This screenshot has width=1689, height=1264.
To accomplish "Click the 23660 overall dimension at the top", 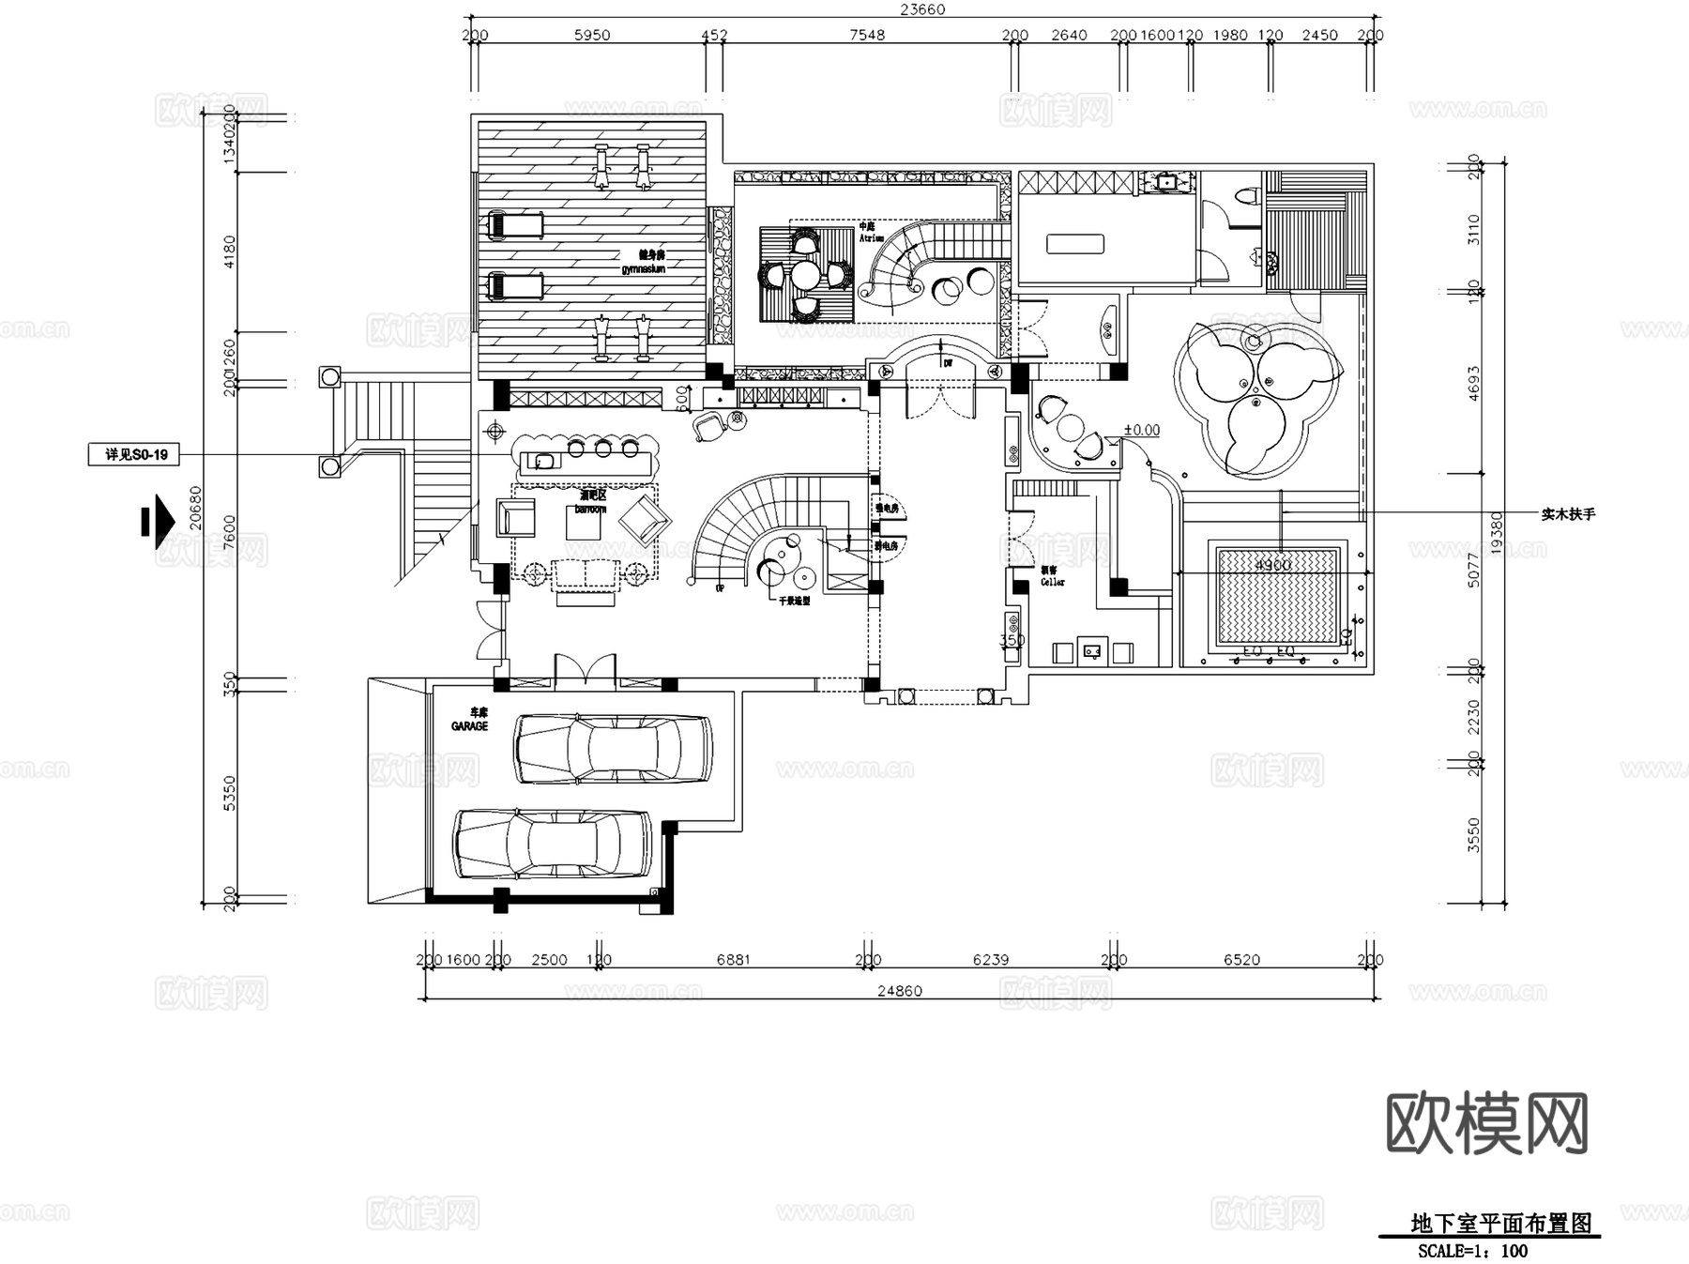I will [x=922, y=9].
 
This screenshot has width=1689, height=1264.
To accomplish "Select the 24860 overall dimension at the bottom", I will [x=899, y=991].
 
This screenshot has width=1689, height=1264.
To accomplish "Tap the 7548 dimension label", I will [x=866, y=35].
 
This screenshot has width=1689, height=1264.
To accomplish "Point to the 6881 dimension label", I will [x=733, y=959].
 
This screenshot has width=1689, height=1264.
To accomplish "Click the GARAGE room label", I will [x=469, y=725].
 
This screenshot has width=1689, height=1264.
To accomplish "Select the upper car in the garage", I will [x=613, y=748].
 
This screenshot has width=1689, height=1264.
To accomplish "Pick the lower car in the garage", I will [x=553, y=845].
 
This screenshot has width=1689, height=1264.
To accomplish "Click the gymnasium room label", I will [x=643, y=268].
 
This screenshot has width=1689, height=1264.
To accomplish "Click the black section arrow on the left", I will [x=158, y=521].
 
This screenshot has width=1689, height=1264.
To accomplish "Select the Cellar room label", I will [x=1052, y=582].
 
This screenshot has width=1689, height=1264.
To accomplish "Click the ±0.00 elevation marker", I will [x=1141, y=430].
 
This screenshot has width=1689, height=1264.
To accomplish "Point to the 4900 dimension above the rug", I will [x=1272, y=565].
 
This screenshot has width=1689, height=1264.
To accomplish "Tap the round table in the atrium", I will [x=805, y=275].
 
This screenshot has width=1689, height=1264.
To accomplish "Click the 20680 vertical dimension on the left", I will [x=195, y=508].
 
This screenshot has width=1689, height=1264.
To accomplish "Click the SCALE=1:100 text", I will [x=1472, y=1251].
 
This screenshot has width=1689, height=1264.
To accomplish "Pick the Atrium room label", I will [x=870, y=238].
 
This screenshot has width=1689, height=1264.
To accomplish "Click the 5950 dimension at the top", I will [x=591, y=35].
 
